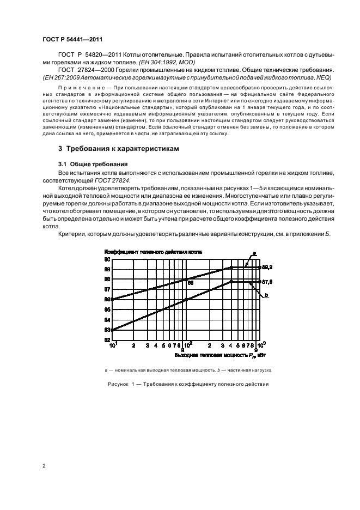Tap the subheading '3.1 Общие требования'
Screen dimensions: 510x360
(x=93, y=164)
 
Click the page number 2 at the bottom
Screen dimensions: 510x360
(x=44, y=466)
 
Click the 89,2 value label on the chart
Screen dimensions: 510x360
(x=267, y=268)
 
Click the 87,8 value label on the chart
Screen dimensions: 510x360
(x=267, y=282)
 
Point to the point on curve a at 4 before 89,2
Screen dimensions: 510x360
(x=231, y=268)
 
